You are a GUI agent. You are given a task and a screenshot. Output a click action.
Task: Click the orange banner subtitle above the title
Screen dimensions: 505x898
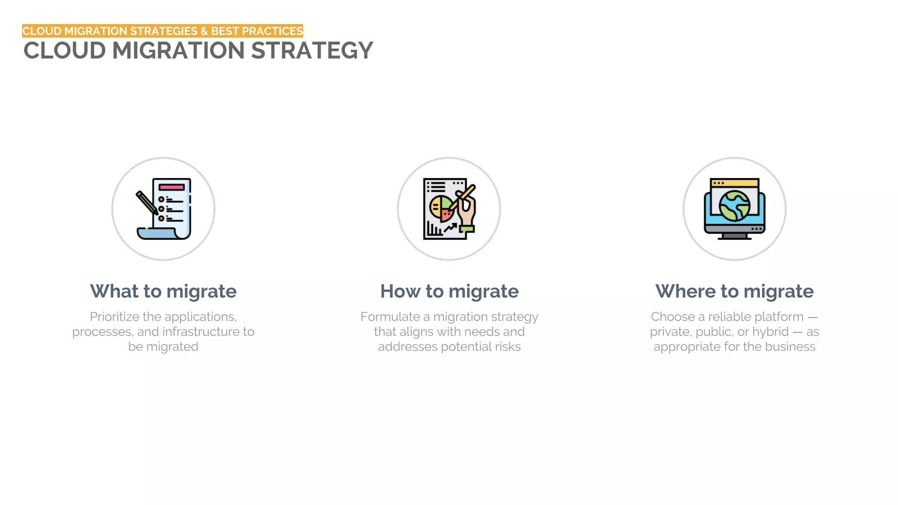point(162,31)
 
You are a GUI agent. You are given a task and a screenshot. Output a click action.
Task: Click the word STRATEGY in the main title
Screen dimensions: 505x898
point(312,51)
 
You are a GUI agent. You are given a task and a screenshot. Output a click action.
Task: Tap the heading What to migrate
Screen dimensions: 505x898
point(163,292)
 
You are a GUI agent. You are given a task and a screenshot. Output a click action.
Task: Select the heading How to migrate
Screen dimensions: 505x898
point(449,292)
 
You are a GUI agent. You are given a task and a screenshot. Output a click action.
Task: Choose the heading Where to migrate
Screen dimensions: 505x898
point(734,292)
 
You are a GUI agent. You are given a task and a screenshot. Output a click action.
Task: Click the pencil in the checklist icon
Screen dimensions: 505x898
point(146,203)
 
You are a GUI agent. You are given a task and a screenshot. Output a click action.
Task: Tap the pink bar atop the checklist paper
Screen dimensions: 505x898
point(171,187)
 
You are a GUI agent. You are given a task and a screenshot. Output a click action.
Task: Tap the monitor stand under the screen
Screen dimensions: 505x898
point(734,237)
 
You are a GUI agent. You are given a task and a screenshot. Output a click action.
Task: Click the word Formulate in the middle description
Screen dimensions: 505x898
point(390,317)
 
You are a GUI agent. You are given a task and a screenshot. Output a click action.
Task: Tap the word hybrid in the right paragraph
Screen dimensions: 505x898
point(770,332)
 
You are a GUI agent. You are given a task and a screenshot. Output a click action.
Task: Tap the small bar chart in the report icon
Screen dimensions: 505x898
point(435,229)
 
